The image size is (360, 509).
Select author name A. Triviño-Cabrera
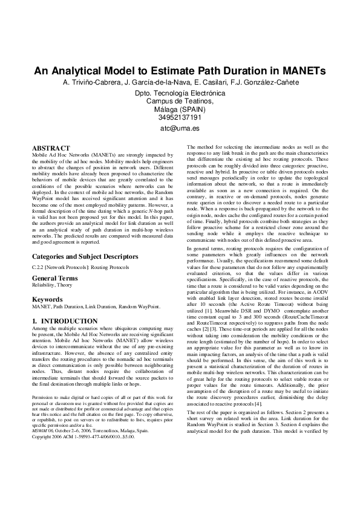[91, 82]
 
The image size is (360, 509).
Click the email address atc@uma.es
[180, 129]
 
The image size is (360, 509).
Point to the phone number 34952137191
[180, 117]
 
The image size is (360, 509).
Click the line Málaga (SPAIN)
[180, 109]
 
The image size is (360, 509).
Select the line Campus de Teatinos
[180, 102]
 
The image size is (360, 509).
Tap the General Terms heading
[54, 277]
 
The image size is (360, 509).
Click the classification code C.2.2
[39, 267]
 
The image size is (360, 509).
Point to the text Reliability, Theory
[52, 285]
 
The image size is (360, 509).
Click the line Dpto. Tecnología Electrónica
[180, 94]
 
